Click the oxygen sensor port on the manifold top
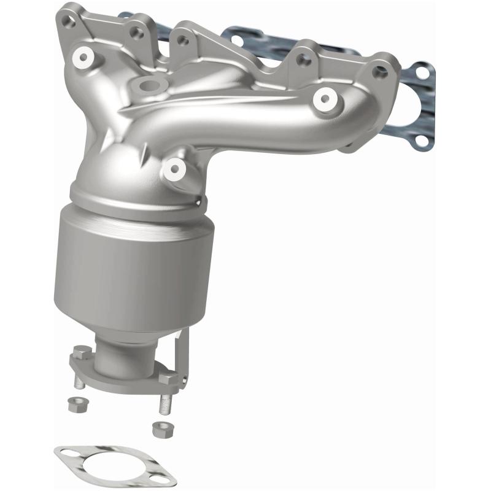click(145, 85)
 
